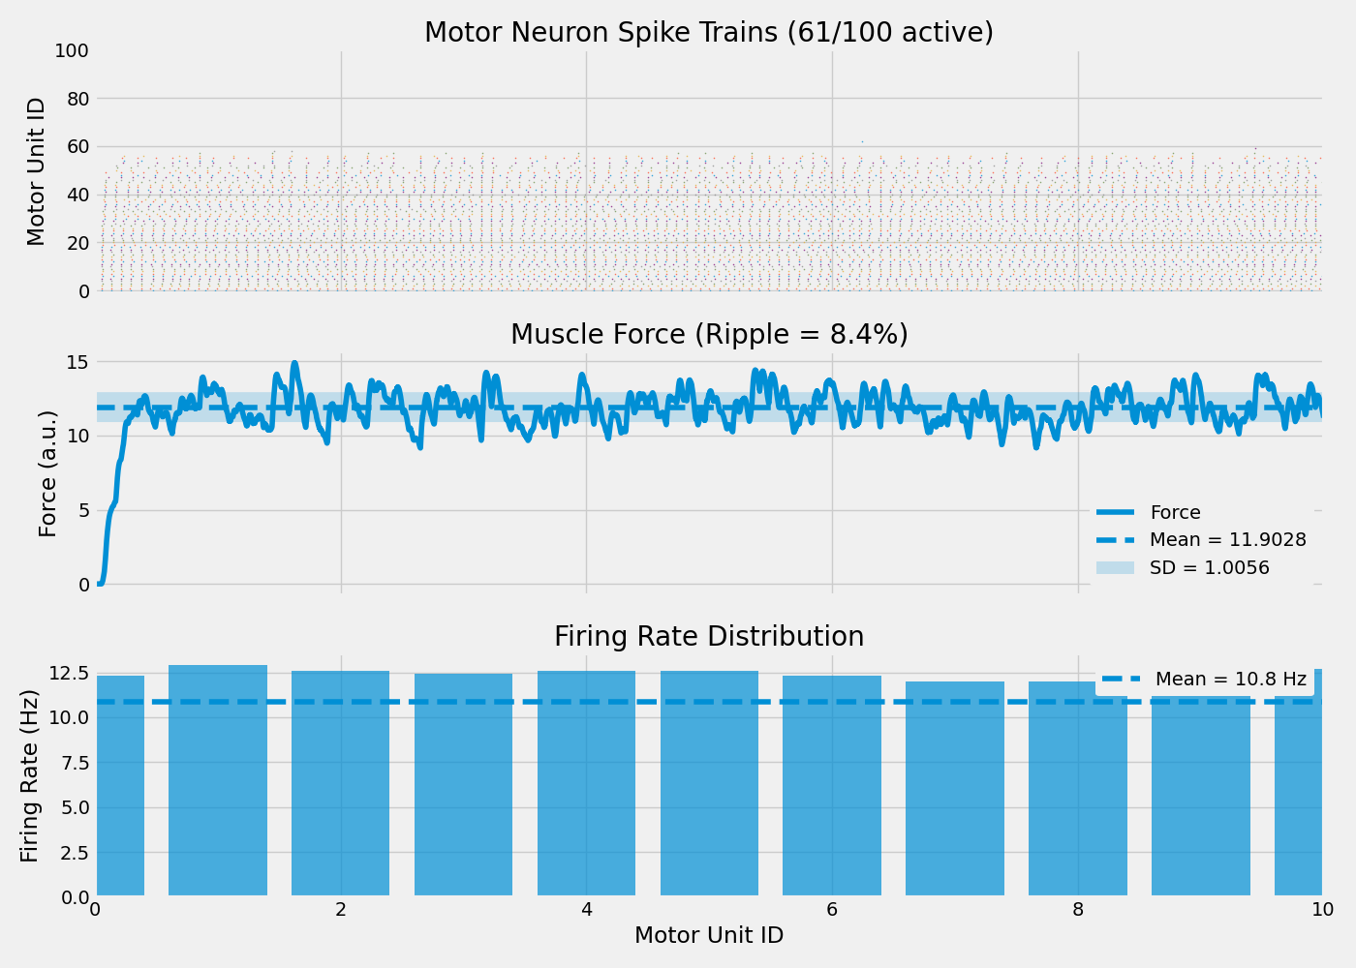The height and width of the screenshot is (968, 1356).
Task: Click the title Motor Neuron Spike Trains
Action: pos(708,33)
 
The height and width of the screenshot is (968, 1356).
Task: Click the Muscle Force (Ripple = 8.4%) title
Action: pos(708,335)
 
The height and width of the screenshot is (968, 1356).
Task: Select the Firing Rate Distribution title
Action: pos(708,637)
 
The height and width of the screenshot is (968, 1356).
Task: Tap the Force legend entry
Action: pos(1175,513)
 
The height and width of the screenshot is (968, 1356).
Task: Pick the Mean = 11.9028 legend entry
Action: pos(1227,540)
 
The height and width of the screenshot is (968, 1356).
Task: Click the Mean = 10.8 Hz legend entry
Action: pos(1230,680)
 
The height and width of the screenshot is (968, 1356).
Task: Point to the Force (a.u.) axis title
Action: pos(47,473)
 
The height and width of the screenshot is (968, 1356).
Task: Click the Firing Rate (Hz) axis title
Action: pos(30,775)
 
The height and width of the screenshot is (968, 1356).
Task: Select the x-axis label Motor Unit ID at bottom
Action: pos(708,936)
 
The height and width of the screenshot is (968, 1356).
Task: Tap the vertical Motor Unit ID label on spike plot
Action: pos(36,171)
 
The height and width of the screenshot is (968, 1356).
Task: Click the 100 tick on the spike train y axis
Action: pos(72,50)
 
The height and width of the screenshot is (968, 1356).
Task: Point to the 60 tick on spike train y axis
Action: pos(77,147)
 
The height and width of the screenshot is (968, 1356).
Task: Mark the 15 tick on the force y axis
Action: pos(77,362)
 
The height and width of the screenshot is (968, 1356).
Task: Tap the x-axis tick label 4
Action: pos(586,910)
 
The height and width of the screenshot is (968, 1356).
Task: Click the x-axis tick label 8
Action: pos(1077,910)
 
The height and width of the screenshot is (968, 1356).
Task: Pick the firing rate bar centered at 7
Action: pos(955,789)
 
